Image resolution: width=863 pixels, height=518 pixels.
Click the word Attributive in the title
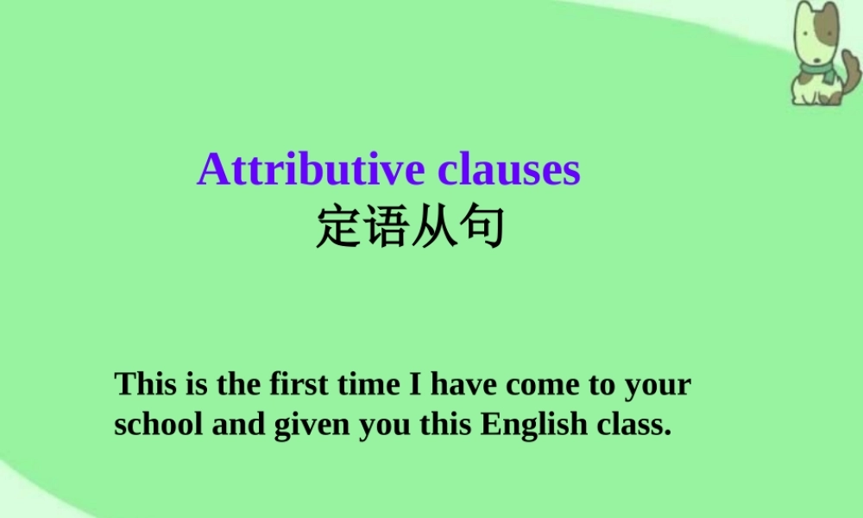[x=312, y=170]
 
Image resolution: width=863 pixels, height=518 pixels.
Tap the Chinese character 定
[x=339, y=227]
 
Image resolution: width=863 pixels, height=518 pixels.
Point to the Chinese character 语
[x=387, y=227]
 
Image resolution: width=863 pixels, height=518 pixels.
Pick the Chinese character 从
[x=434, y=227]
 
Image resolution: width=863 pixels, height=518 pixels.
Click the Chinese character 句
[x=482, y=227]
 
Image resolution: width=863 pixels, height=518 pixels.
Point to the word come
[x=544, y=385]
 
